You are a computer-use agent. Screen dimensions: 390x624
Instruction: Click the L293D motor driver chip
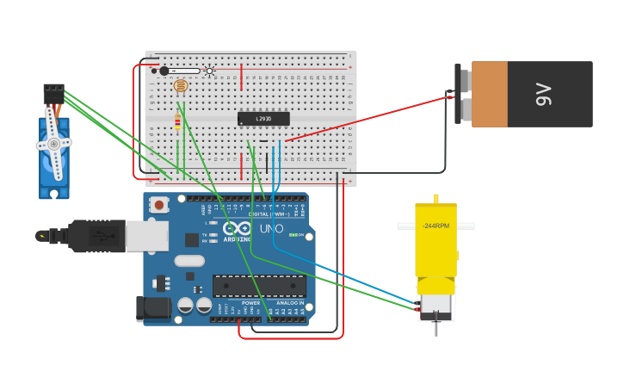[x=263, y=119]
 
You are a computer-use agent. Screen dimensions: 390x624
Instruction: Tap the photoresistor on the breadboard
[x=180, y=86]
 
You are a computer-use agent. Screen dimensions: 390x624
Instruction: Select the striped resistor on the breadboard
[x=177, y=123]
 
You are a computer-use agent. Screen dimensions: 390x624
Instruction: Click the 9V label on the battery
[x=542, y=94]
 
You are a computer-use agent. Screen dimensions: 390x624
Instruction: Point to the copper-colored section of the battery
[x=489, y=94]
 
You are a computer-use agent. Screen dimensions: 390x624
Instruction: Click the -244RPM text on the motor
[x=436, y=226]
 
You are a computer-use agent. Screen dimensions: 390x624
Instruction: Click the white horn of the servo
[x=53, y=143]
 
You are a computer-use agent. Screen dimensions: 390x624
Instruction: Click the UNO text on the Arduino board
[x=271, y=229]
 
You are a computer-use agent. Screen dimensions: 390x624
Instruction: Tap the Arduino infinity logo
[x=237, y=228]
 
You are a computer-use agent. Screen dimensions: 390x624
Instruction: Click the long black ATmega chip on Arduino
[x=259, y=286]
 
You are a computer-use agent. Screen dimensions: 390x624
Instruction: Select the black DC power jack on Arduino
[x=149, y=309]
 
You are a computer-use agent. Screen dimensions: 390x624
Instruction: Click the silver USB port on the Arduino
[x=146, y=235]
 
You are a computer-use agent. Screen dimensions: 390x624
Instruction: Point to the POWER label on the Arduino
[x=250, y=303]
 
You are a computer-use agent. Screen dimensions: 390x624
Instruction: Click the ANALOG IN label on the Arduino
[x=288, y=303]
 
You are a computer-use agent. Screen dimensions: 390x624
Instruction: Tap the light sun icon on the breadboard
[x=209, y=71]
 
